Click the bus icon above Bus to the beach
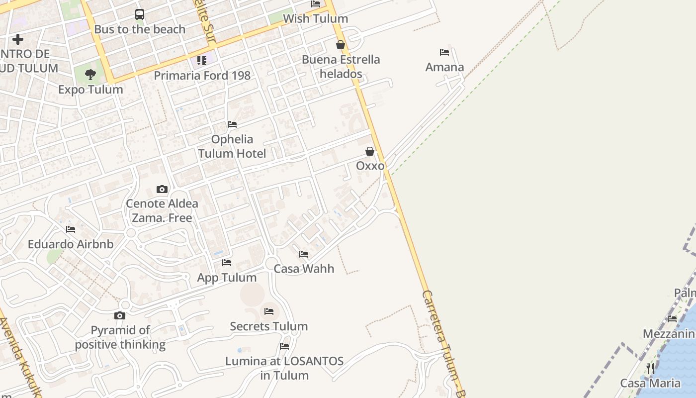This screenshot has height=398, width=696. tap(140, 14)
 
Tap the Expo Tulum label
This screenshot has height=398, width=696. tap(90, 90)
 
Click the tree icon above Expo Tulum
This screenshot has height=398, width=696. tap(90, 75)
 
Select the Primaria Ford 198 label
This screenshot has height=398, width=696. tap(202, 76)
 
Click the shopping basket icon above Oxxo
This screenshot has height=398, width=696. tap(370, 151)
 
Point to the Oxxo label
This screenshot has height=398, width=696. tap(370, 166)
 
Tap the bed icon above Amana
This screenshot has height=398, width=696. tap(444, 52)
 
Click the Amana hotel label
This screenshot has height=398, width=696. tap(444, 67)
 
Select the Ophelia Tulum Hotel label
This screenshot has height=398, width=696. tap(232, 146)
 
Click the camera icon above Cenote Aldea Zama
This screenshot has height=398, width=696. tap(162, 189)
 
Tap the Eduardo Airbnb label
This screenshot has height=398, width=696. tap(71, 244)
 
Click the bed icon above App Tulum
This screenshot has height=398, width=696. tap(227, 263)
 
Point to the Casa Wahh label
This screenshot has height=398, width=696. tap(304, 269)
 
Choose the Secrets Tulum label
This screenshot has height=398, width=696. tap(268, 326)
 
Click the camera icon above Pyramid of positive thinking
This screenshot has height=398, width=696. tap(120, 315)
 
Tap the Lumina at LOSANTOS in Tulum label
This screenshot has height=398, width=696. tap(284, 368)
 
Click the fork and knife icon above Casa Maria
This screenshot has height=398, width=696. tap(650, 369)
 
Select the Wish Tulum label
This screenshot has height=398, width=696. tap(315, 19)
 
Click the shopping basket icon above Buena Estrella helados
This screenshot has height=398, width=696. tap(341, 45)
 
